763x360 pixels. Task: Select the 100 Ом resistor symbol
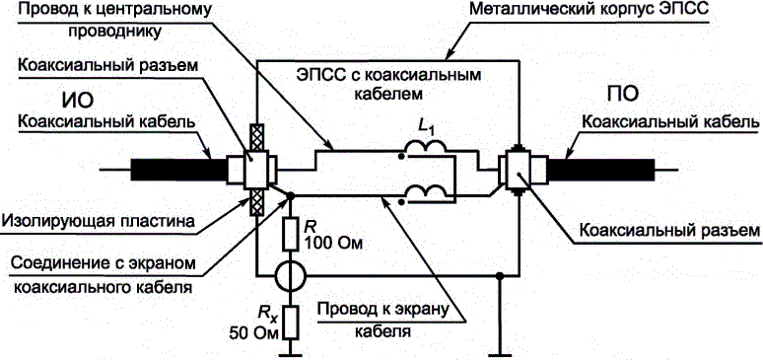coord(291,235)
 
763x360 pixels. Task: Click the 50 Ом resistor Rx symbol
coord(291,324)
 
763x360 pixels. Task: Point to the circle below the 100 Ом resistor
coord(291,276)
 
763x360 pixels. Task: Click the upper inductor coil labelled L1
coord(426,147)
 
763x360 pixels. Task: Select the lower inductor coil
coord(426,191)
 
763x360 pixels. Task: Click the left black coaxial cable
coord(180,170)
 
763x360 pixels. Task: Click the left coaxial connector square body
coord(255,170)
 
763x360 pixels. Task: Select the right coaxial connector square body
coord(520,170)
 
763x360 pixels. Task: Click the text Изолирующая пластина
coord(98,222)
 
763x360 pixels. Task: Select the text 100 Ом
coord(333,243)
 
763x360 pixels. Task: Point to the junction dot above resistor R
coord(291,196)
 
